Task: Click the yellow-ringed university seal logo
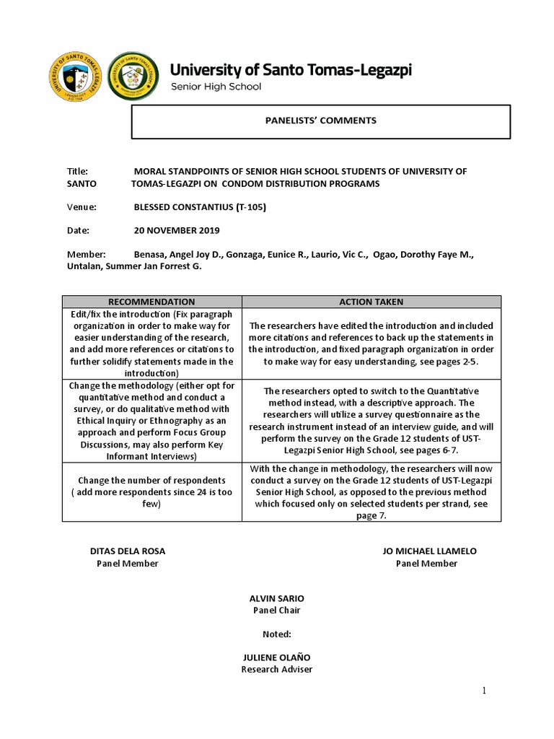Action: pos(75,78)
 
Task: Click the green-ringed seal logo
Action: pos(133,76)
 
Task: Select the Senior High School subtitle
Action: pos(215,87)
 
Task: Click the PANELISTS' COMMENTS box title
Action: pos(320,121)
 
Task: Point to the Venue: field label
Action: pos(82,207)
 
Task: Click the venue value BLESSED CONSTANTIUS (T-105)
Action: pos(201,207)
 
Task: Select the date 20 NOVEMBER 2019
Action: pos(177,231)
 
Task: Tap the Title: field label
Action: pos(77,172)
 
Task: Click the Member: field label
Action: pos(86,255)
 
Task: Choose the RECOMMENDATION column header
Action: pos(151,302)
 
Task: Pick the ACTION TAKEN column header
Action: pos(371,302)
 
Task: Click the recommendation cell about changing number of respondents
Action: pos(151,492)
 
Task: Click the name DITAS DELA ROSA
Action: pos(128,551)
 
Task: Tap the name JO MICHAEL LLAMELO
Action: pos(429,551)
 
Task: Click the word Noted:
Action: pos(277,634)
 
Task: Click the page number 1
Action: pos(485,691)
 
